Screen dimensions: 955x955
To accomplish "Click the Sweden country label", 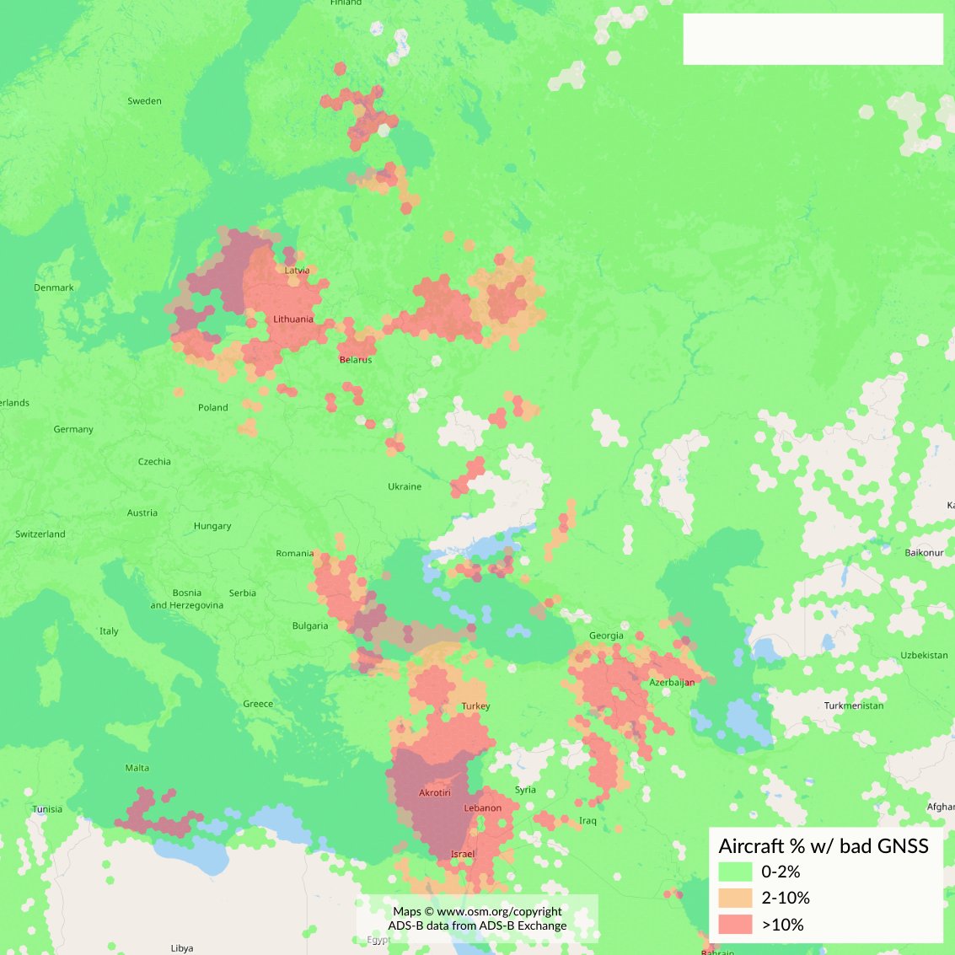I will coord(144,101).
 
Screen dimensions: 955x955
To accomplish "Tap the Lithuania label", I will coord(293,319).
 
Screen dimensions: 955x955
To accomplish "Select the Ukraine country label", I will coord(405,486).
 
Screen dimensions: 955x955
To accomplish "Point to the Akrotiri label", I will coord(435,793).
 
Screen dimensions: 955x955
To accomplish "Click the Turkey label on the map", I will coord(475,706).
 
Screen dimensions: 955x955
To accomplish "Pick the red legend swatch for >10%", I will coord(735,924).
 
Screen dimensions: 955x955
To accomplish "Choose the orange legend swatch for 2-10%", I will coord(735,898).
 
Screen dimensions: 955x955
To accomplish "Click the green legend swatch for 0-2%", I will coord(735,872).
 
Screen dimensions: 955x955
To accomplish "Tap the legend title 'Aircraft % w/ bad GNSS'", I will coord(823,846).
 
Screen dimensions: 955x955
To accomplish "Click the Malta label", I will coord(137,768).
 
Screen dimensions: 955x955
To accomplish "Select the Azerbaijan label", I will coord(672,683).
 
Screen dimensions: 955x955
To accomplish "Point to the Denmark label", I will coord(54,287).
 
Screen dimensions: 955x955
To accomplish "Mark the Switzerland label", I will coord(40,534).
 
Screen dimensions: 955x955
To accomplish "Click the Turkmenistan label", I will coord(854,706).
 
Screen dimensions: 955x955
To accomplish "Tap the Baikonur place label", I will coord(925,553).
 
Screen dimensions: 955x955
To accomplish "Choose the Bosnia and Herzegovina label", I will coord(187,599).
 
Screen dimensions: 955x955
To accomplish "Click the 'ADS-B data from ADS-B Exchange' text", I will coord(477,925).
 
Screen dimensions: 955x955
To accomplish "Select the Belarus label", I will coord(356,360).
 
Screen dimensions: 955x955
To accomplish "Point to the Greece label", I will coord(258,704).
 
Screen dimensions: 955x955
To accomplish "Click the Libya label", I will coord(182,948).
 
